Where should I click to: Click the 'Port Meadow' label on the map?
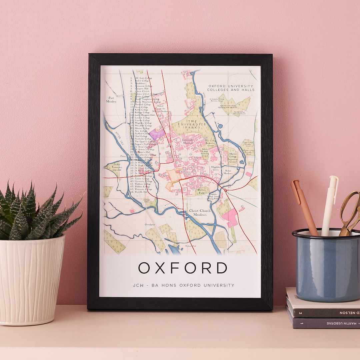[x=111, y=100]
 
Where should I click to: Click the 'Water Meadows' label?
[x=228, y=172]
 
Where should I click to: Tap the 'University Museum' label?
[x=187, y=141]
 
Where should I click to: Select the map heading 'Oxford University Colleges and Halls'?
[x=231, y=88]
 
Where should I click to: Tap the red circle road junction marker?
[x=226, y=191]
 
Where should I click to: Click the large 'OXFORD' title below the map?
[x=183, y=268]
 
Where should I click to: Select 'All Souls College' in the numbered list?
[x=143, y=78]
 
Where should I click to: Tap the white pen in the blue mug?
[x=329, y=203]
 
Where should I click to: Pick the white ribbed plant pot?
[x=32, y=280]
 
